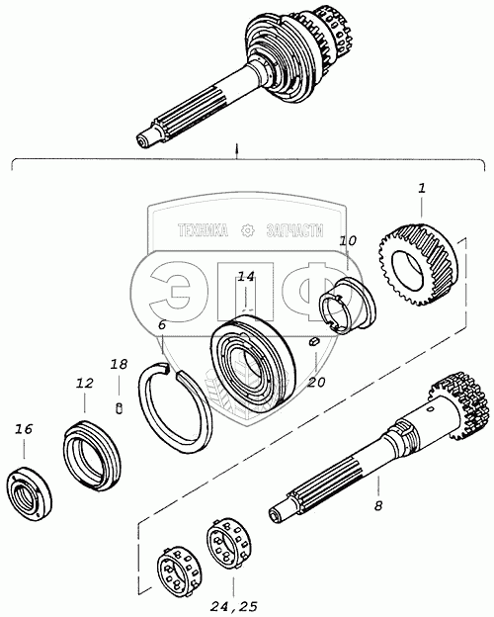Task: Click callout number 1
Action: pos(421,189)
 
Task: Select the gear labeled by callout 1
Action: pos(418,264)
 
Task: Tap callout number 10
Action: pos(348,241)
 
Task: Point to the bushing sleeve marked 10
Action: pos(347,305)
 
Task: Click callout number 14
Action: pos(246,277)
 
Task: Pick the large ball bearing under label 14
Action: pos(252,361)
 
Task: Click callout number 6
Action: pos(162,325)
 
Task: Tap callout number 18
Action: pos(119,365)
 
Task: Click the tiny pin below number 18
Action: pos(120,407)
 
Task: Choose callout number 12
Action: pos(85,384)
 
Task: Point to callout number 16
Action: pos(24,429)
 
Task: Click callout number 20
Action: pos(316,382)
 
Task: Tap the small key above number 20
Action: pos(314,342)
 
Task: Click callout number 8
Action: pos(378,505)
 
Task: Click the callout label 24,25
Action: pos(233,607)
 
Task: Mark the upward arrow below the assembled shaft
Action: pos(236,152)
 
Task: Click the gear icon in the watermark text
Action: pos(247,230)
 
